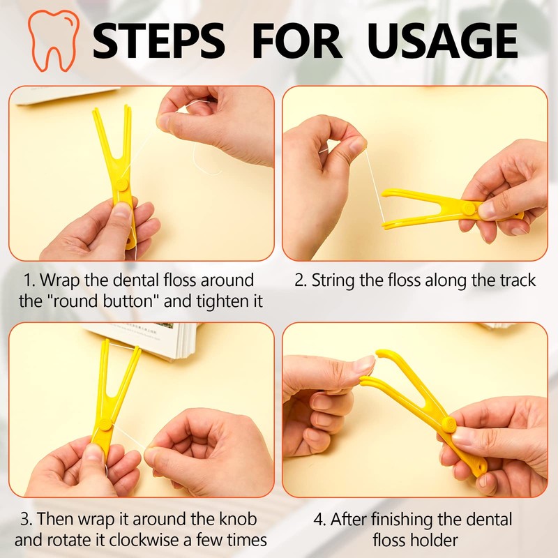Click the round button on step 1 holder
coord(123,183)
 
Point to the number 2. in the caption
coord(301,281)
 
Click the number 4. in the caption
coord(318,520)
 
